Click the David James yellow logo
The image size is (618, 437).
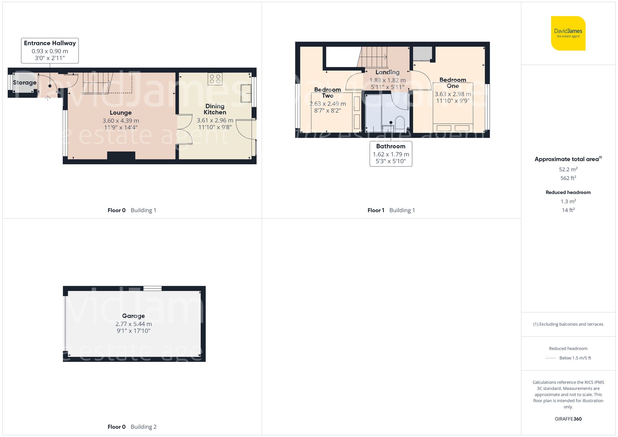click(568, 33)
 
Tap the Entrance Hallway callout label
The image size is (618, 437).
click(50, 51)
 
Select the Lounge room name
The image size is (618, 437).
click(121, 113)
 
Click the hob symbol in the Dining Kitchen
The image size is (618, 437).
click(215, 79)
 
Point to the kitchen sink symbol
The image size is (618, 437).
click(246, 93)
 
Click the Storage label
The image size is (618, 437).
click(25, 82)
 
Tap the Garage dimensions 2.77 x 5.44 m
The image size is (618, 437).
click(133, 324)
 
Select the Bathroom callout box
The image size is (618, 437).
click(391, 153)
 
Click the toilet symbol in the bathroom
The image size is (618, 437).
click(400, 123)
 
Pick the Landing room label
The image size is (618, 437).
click(387, 72)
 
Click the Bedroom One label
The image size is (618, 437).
click(453, 83)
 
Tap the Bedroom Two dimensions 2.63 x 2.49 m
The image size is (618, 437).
click(328, 104)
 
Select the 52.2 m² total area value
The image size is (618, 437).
click(568, 169)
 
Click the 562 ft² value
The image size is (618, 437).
click(568, 178)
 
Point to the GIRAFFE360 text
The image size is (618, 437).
click(568, 419)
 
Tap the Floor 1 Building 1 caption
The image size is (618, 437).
click(391, 210)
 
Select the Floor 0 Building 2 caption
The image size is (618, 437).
click(132, 427)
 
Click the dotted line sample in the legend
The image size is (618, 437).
click(551, 358)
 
